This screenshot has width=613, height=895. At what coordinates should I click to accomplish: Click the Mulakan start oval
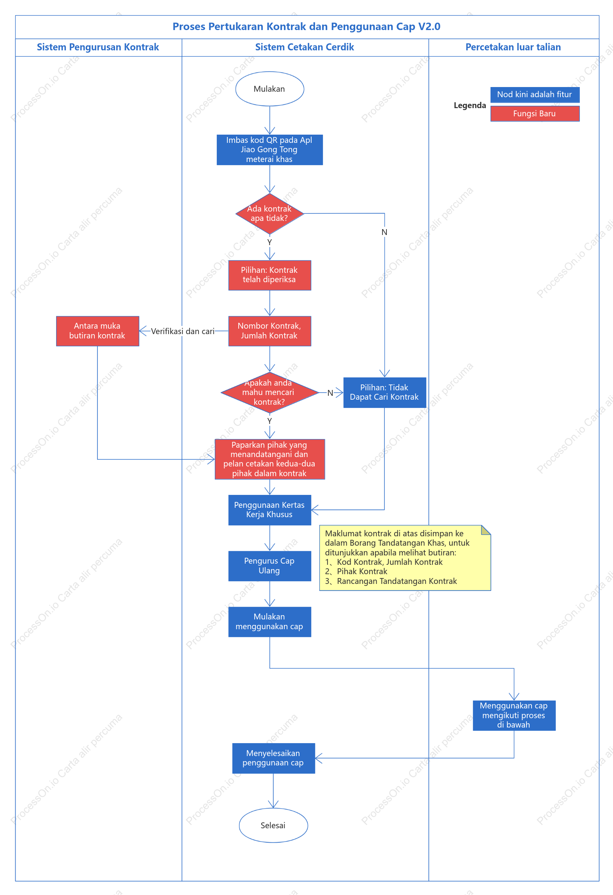(x=269, y=89)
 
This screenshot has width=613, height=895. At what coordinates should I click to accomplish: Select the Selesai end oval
(x=273, y=825)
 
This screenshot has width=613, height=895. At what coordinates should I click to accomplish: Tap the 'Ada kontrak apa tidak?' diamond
(x=269, y=214)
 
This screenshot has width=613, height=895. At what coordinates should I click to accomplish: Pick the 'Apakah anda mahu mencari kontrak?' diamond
(x=269, y=392)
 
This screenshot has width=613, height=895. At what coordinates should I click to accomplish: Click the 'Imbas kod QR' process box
(x=269, y=150)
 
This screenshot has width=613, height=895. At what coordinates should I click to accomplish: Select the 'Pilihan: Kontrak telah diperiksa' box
(x=269, y=275)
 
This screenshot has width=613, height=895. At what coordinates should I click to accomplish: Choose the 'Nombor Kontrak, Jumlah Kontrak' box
(x=269, y=331)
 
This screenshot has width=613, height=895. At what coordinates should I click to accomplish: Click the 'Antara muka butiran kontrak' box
(x=97, y=331)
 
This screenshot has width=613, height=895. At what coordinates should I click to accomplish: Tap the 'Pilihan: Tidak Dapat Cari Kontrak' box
(x=384, y=392)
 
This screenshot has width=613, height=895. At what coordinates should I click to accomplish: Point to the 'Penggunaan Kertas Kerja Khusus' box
(x=269, y=510)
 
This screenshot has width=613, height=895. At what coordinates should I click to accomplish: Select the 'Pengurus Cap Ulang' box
(x=269, y=566)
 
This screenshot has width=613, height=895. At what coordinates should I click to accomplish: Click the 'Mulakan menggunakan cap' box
(x=269, y=622)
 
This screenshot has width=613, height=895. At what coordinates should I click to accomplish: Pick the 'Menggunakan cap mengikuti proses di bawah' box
(x=514, y=715)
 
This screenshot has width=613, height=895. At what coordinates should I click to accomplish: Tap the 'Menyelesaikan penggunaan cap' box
(x=273, y=758)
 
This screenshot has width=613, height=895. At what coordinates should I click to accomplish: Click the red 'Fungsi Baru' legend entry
(x=535, y=114)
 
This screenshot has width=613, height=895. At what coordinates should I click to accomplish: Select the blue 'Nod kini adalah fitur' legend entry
(x=535, y=94)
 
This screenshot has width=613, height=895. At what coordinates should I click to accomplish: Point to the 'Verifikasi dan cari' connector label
(x=183, y=331)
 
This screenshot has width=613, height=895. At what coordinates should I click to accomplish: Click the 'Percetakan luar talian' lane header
(x=513, y=47)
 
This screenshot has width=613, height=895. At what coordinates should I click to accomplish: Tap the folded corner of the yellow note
(x=486, y=530)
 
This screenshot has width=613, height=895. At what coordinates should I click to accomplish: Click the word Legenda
(x=470, y=105)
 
